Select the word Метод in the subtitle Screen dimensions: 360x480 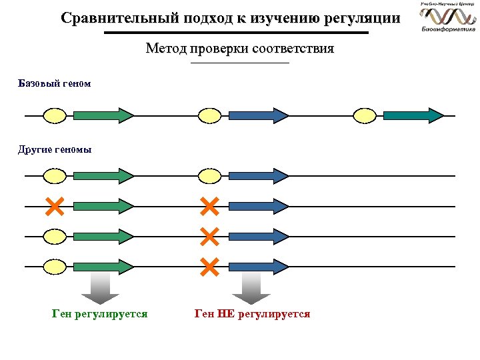[166, 49]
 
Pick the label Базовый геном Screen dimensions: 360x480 [54, 84]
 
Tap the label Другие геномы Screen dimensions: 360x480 [54, 149]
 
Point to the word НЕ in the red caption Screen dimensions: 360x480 [225, 313]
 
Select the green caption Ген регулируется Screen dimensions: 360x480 [99, 313]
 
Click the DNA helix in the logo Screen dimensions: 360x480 [447, 15]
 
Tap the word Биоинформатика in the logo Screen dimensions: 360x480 [448, 29]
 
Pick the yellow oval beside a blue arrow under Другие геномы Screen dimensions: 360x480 [210, 176]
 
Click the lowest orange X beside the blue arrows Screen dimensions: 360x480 [209, 267]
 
